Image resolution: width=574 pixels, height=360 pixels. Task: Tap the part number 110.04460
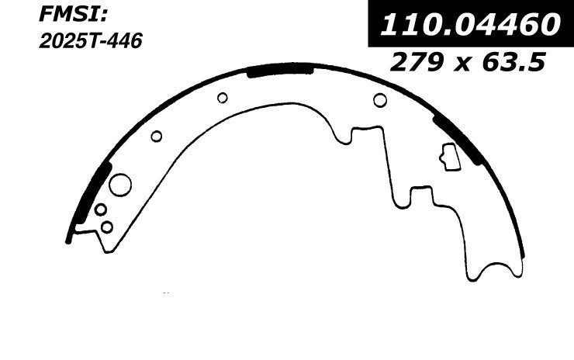pyautogui.click(x=468, y=25)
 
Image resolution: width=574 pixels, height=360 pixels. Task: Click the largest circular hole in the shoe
pyautogui.click(x=121, y=185)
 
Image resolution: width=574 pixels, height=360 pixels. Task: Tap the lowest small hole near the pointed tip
pyautogui.click(x=107, y=227)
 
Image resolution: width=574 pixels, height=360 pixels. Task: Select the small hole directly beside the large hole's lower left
pyautogui.click(x=100, y=209)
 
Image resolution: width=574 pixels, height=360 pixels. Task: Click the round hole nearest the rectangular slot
pyautogui.click(x=380, y=99)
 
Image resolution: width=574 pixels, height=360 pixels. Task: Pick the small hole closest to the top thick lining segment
pyautogui.click(x=223, y=97)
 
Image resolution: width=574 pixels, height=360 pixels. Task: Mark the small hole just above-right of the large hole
pyautogui.click(x=156, y=137)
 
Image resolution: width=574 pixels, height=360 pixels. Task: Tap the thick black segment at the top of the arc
pyautogui.click(x=279, y=71)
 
